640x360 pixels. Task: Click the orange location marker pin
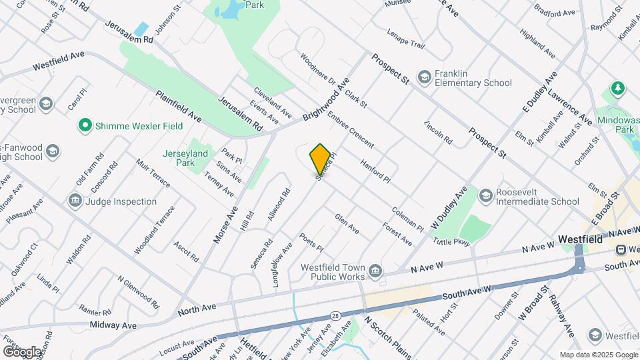pyautogui.click(x=320, y=159)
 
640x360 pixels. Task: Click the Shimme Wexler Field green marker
pyautogui.click(x=85, y=125)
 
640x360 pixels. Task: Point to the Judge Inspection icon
pyautogui.click(x=74, y=201)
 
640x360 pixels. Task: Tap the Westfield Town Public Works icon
pyautogui.click(x=375, y=271)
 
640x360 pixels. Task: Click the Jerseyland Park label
pyautogui.click(x=185, y=157)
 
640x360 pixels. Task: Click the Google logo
pyautogui.click(x=22, y=351)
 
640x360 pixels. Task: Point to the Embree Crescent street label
pyautogui.click(x=351, y=129)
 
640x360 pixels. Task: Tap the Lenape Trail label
pyautogui.click(x=405, y=38)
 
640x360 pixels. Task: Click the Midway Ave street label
pyautogui.click(x=114, y=325)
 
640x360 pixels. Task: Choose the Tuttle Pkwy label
pyautogui.click(x=452, y=241)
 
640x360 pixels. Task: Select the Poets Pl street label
pyautogui.click(x=311, y=243)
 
